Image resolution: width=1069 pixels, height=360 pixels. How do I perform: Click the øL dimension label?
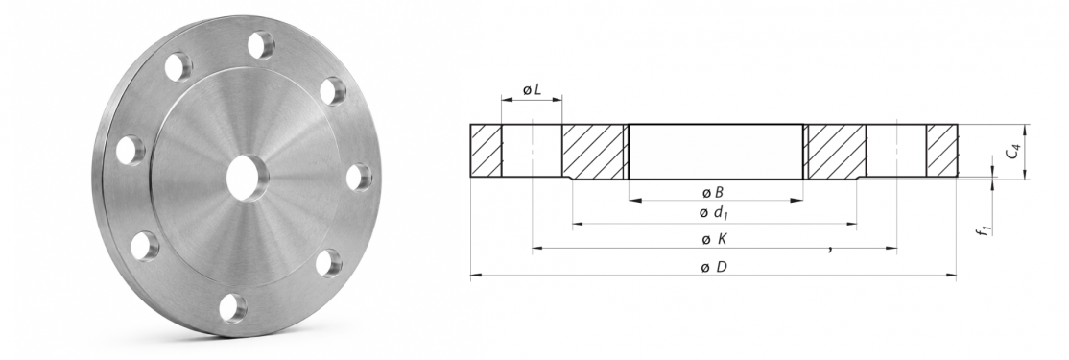[x=532, y=90]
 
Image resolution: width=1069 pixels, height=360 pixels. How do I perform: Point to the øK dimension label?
[x=715, y=239]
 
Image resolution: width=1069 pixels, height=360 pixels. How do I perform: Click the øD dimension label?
[x=715, y=267]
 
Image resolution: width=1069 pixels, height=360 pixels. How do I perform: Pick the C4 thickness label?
[x=1013, y=152]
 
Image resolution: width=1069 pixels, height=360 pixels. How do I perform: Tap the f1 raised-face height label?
[x=984, y=228]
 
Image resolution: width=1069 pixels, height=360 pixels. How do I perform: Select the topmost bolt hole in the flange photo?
[x=260, y=46]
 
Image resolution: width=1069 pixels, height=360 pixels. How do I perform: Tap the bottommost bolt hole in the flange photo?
[x=233, y=307]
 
